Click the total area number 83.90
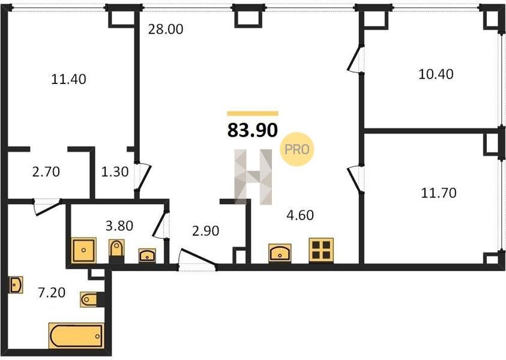pos(253,130)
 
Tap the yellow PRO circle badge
pos(297,149)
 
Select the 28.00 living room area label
pos(166,29)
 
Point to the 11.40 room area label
pos(69,79)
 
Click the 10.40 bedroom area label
pos(436,74)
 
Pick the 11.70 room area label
pos(439,193)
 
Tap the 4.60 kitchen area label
pos(300,215)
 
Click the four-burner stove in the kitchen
pos(321,250)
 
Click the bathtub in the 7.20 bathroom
pos(76,335)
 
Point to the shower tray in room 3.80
pos(83,250)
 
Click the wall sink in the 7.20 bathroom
pos(16,284)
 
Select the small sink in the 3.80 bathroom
pos(147,255)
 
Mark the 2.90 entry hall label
pos(205,231)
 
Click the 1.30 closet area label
pos(115,172)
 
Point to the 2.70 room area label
pos(46,172)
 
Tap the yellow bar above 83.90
pos(253,113)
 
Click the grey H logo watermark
pos(253,177)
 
